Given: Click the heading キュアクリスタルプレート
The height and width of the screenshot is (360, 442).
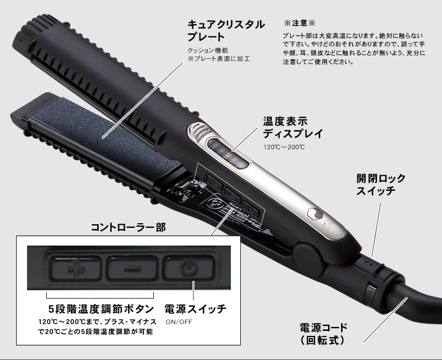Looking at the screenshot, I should pyautogui.click(x=226, y=31).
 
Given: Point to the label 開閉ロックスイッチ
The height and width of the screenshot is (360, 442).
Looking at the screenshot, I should pyautogui.click(x=381, y=185).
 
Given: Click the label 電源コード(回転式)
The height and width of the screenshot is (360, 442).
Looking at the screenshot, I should pyautogui.click(x=323, y=334).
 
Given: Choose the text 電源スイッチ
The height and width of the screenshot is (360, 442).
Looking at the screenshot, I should pyautogui.click(x=194, y=308).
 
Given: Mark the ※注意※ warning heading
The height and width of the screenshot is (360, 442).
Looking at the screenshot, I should pyautogui.click(x=300, y=23).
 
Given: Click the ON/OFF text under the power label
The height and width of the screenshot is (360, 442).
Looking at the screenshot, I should pyautogui.click(x=179, y=322).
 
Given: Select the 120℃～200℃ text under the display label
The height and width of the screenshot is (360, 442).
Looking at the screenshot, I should pyautogui.click(x=283, y=147).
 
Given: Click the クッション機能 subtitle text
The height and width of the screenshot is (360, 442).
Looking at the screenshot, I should pyautogui.click(x=207, y=50).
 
